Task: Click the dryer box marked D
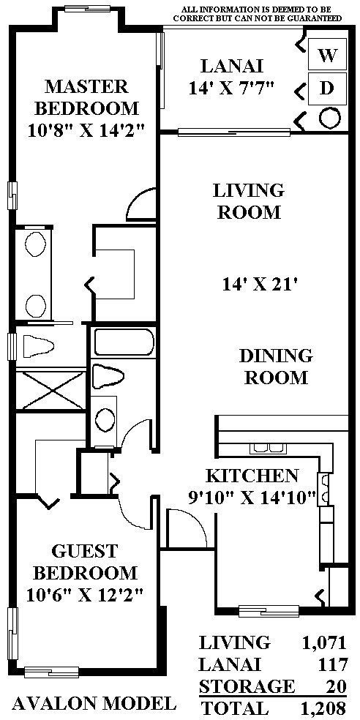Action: point(327,88)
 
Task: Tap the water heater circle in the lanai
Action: point(330,118)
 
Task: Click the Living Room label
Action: point(249,201)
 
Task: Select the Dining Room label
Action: point(276,367)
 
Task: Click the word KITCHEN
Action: point(252,476)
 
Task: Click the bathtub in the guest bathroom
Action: point(124,342)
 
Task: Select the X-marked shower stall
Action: point(51,390)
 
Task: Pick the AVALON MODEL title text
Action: point(94,703)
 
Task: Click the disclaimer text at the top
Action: point(257,14)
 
